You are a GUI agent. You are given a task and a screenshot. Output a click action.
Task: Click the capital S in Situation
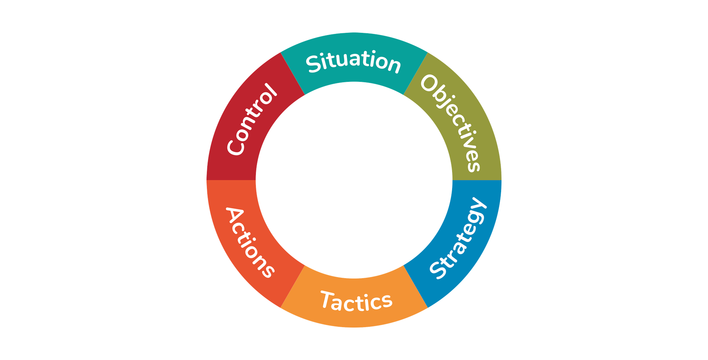tap(314, 64)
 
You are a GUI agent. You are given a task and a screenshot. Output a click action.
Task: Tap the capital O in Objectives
tap(430, 84)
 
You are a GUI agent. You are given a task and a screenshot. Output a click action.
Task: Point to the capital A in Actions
tap(235, 215)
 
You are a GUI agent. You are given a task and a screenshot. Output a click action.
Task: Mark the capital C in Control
tap(236, 146)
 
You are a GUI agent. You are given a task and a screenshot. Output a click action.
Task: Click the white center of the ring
tap(354, 180)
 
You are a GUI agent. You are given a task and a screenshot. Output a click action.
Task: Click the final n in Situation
tap(393, 65)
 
